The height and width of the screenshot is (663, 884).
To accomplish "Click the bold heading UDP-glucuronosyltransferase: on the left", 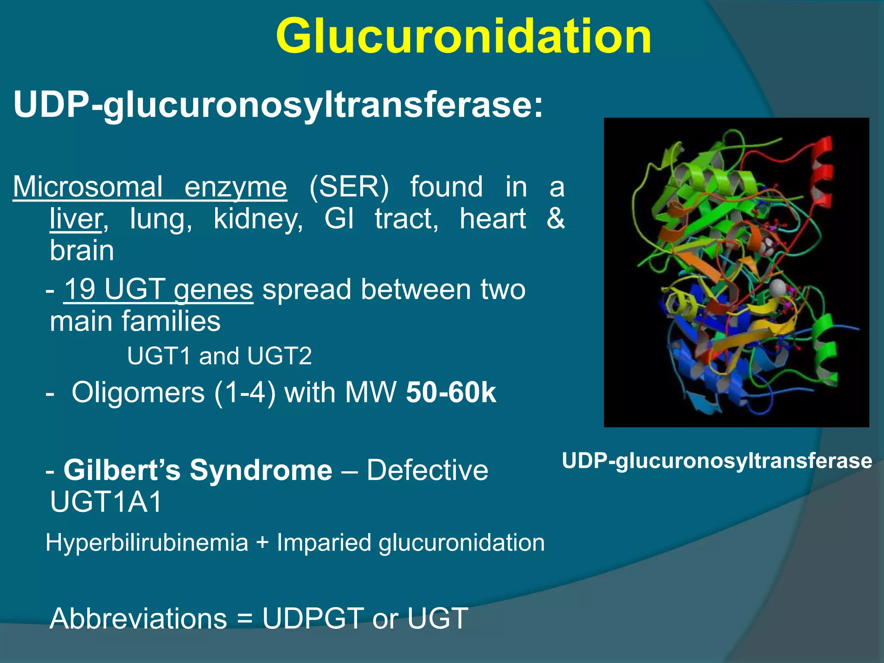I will (x=278, y=104).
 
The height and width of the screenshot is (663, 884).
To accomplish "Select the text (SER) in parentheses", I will (x=349, y=187).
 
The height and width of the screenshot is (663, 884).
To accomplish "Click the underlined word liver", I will (x=76, y=219).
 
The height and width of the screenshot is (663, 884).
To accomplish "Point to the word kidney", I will (x=258, y=219).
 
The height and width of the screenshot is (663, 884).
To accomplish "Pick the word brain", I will (x=82, y=250).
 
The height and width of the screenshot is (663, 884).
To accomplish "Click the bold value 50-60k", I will (x=451, y=392).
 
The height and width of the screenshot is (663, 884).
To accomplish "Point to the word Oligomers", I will (x=138, y=392).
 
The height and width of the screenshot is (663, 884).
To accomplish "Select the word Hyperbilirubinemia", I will (x=147, y=543).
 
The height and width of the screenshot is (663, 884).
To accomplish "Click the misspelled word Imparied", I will (x=324, y=543).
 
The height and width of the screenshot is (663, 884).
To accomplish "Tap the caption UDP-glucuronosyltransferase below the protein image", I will (x=717, y=461).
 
